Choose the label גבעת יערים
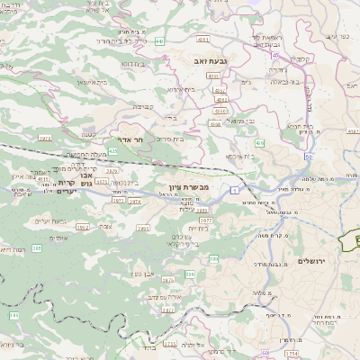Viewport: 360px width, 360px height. point(49,220)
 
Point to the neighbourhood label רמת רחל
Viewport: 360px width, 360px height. point(328,319)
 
